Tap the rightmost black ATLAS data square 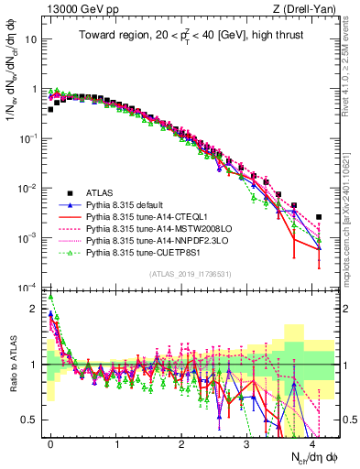(319, 217)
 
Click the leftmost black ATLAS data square (50, 109)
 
